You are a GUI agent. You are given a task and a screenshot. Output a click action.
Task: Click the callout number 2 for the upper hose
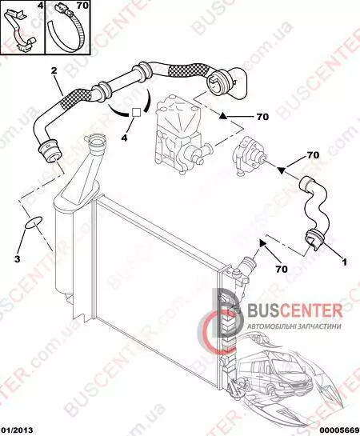(x=54, y=70)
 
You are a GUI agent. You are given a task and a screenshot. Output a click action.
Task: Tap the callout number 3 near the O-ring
(x=18, y=259)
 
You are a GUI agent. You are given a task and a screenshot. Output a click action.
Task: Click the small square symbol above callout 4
(x=136, y=112)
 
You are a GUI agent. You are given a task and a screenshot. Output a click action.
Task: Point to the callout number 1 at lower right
(x=344, y=262)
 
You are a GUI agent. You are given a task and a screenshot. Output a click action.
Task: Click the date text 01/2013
(x=17, y=430)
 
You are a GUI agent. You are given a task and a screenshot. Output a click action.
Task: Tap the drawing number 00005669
(x=341, y=430)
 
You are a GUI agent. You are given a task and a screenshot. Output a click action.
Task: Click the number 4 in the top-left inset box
(x=41, y=6)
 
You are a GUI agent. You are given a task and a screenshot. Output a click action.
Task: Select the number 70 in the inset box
(x=82, y=6)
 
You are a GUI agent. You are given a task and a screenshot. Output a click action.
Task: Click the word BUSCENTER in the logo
(x=294, y=310)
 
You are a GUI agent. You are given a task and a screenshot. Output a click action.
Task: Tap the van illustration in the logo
(x=275, y=371)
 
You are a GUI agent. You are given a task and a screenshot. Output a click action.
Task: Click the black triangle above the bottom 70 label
(x=262, y=243)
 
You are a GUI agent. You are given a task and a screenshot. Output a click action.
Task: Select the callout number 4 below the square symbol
(x=124, y=137)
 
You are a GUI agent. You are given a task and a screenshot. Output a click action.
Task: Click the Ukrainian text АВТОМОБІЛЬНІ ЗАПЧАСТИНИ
(x=294, y=326)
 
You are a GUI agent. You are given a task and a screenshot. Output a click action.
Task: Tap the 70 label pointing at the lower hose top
(x=313, y=155)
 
